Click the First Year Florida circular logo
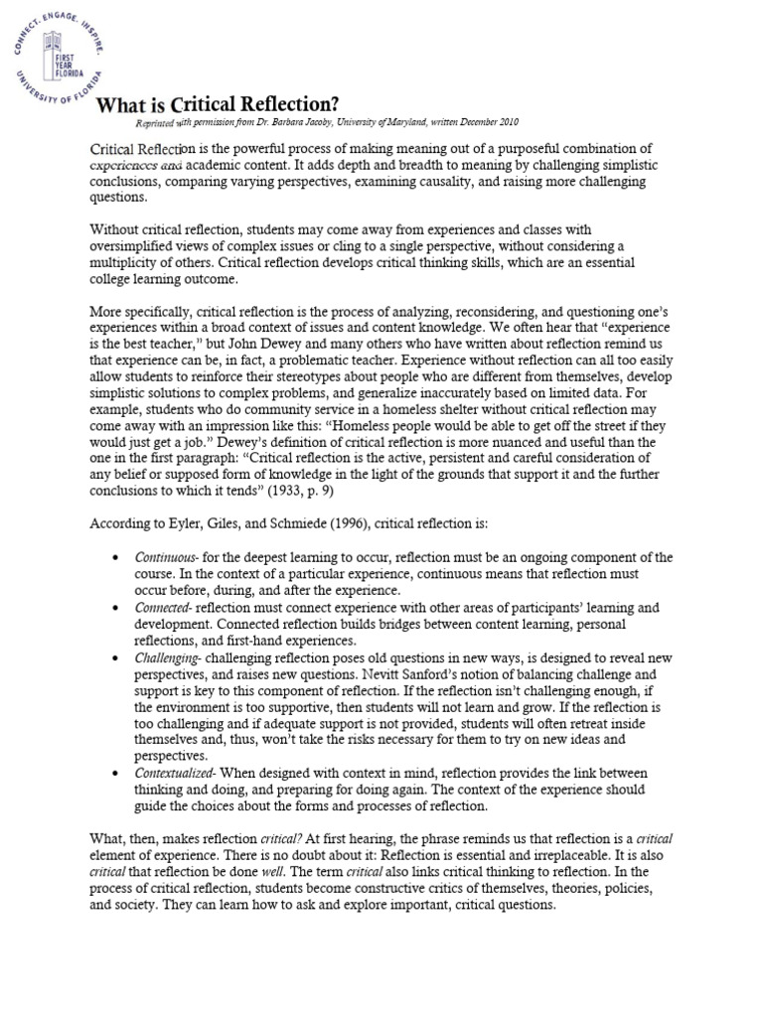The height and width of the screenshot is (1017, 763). [x=60, y=60]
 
